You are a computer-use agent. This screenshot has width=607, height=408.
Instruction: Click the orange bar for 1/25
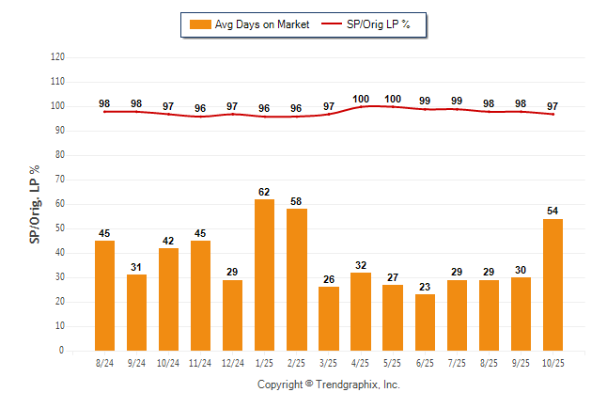pos(264,275)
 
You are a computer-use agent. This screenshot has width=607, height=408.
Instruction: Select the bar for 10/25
pos(553,285)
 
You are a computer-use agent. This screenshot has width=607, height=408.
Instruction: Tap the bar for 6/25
pos(425,322)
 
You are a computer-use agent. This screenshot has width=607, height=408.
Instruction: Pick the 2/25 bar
pos(296,279)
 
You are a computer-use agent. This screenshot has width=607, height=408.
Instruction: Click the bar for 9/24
pos(136,312)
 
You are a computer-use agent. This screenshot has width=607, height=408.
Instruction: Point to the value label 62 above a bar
pos(264,192)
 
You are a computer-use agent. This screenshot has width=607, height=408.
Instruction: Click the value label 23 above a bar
pos(425,287)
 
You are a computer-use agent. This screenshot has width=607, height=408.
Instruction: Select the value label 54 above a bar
pos(553,212)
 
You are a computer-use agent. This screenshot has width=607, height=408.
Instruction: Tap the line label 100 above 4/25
pos(361,99)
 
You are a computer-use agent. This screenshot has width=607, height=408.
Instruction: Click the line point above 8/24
pos(104,112)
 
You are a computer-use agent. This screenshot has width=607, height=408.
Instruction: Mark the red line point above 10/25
pos(553,114)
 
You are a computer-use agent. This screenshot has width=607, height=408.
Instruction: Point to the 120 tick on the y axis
pos(57,56)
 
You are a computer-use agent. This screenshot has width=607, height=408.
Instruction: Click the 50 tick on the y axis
pos(59,228)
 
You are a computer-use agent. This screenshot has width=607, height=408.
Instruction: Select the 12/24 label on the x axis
pos(232,362)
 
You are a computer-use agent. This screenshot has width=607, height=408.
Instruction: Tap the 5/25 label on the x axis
pos(393,362)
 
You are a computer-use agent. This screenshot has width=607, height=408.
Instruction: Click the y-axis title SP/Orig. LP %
pos(35,202)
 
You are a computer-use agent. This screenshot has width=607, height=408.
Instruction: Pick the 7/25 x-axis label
pos(457,362)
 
